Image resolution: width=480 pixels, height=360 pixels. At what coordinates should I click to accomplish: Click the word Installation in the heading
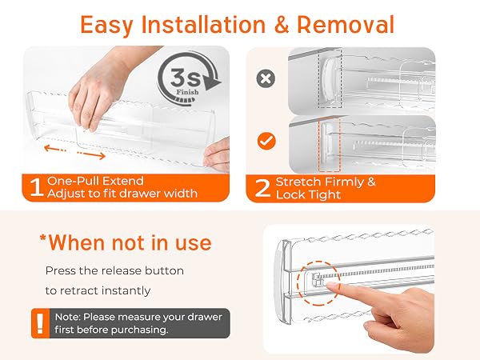coord(203,25)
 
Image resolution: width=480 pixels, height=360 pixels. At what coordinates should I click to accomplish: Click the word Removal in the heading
coord(346,25)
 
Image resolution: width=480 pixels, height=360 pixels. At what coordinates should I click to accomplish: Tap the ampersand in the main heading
coord(282,25)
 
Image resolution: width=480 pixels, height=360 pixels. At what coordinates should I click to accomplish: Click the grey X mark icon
coord(266,78)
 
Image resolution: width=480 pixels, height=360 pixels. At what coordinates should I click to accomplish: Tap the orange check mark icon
coord(266,141)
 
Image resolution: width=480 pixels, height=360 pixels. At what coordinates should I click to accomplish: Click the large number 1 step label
coord(36,187)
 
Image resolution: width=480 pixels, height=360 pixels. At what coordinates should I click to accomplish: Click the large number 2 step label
coord(262,188)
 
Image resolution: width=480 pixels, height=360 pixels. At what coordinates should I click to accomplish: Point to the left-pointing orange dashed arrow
coord(55,149)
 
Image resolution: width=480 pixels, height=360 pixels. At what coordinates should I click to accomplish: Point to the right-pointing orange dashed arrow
coord(91,155)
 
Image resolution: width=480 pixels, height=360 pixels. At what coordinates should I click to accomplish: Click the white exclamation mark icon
coord(40,323)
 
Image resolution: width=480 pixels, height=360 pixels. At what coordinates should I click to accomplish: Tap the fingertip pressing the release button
coord(331,286)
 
